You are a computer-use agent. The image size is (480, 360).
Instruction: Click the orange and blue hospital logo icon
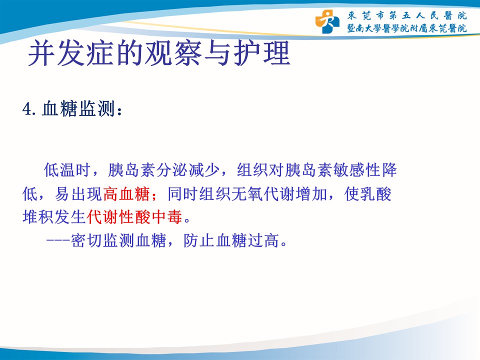327,21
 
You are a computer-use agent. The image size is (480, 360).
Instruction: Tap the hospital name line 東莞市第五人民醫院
407,15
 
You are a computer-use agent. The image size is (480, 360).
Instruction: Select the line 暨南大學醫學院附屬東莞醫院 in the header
407,28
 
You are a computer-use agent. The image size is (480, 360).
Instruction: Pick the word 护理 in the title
261,53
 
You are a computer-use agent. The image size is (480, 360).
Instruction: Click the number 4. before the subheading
29,109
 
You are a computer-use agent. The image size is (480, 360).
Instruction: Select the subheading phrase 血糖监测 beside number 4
78,109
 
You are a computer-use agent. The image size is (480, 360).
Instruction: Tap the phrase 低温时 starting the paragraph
67,170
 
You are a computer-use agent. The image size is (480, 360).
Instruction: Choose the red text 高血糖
126,194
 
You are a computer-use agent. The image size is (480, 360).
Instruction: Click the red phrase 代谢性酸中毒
134,217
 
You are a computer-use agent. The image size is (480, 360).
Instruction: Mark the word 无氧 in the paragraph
247,194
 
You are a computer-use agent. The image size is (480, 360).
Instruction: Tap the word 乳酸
375,194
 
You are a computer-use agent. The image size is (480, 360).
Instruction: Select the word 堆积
38,217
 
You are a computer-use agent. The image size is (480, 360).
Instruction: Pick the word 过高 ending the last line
263,240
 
